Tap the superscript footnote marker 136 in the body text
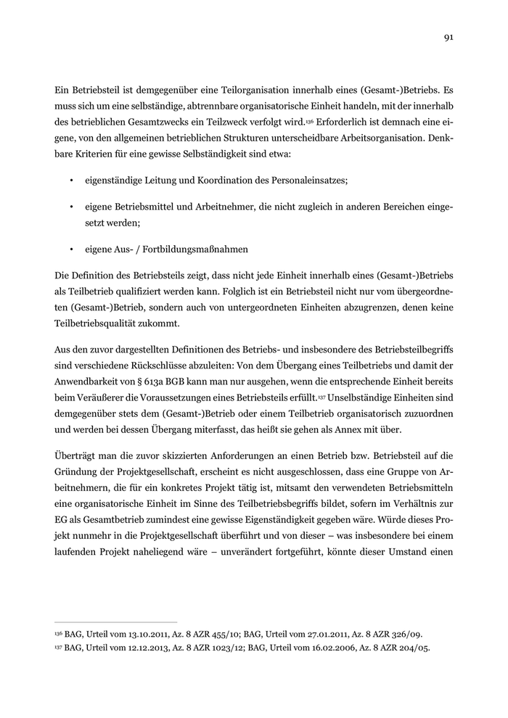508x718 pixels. pyautogui.click(x=308, y=119)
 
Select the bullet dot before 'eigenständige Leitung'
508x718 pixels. pyautogui.click(x=71, y=179)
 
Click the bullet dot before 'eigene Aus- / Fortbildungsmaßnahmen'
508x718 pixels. pyautogui.click(x=71, y=249)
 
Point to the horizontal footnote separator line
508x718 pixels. pyautogui.click(x=116, y=622)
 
